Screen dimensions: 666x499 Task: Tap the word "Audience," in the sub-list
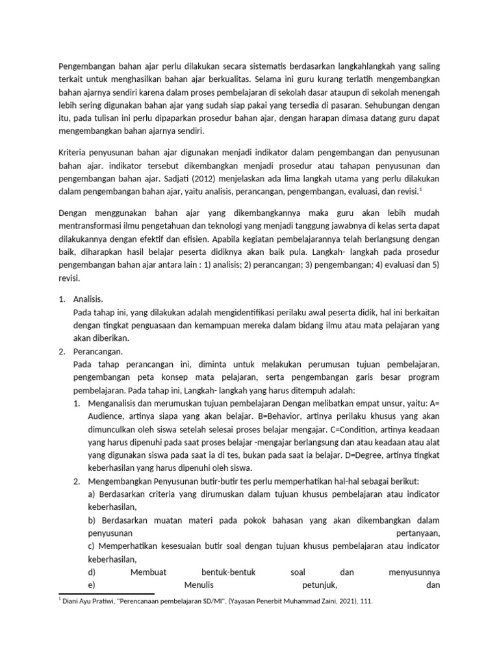pyautogui.click(x=107, y=416)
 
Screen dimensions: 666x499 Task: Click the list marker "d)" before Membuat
pyautogui.click(x=92, y=572)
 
